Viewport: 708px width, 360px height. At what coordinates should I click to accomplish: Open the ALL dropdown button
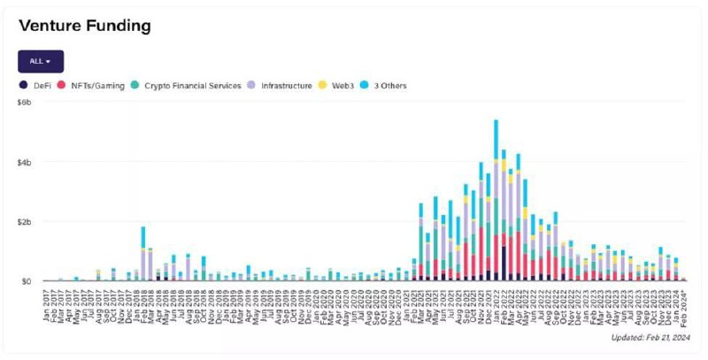[x=41, y=61]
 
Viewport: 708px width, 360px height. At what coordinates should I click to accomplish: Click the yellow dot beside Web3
[x=325, y=86]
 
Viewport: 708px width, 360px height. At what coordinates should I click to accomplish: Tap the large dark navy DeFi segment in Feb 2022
[x=504, y=264]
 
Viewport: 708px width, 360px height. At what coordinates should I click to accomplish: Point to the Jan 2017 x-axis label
[x=46, y=303]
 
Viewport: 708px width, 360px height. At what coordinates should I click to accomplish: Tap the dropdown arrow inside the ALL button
[x=49, y=62]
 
